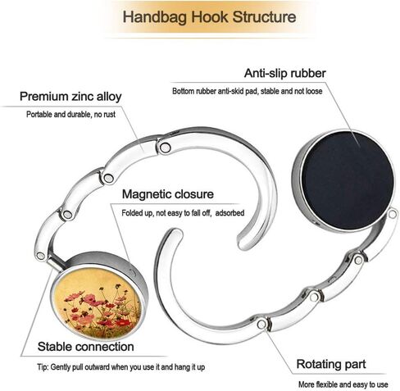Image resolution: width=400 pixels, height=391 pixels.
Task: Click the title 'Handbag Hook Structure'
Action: [209, 17]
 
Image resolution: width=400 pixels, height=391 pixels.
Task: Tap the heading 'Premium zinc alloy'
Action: [70, 97]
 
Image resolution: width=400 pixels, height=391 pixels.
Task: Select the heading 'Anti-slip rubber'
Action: [285, 73]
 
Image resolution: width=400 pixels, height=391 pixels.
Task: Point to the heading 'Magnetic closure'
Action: [168, 194]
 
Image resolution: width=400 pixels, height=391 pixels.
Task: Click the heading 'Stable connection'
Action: [86, 347]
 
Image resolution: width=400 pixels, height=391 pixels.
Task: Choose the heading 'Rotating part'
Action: [331, 364]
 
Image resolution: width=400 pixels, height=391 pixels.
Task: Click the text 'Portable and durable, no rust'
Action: [70, 114]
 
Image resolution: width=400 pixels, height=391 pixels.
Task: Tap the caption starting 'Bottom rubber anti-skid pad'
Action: [248, 91]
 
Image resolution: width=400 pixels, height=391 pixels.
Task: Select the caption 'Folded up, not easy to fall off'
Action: [166, 213]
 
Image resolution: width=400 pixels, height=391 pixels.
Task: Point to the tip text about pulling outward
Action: [121, 367]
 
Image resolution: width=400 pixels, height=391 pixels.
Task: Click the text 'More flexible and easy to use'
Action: [343, 384]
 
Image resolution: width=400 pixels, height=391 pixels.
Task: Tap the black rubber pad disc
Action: [348, 180]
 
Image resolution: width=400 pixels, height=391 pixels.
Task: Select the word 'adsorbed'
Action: [230, 212]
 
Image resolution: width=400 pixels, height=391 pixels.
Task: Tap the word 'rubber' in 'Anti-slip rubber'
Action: [308, 73]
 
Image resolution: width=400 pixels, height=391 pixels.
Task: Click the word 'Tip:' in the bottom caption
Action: [43, 367]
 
